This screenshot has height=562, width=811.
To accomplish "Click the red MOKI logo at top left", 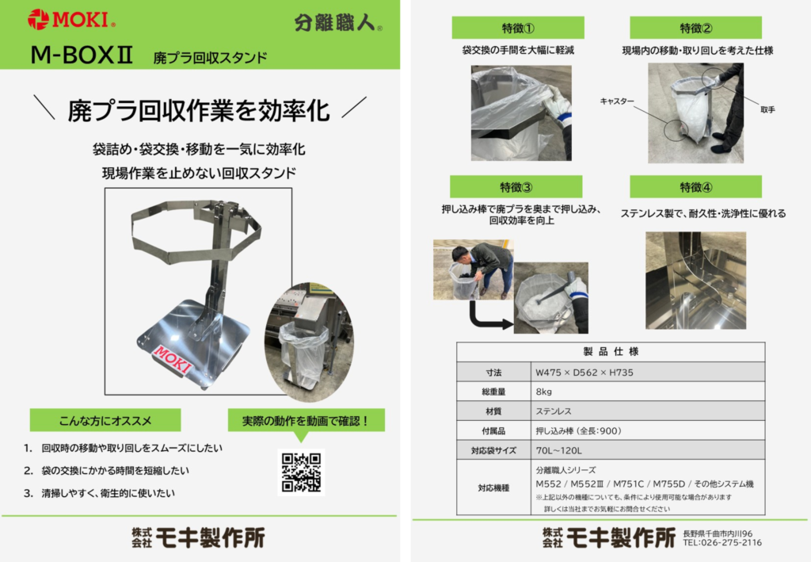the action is [71, 19].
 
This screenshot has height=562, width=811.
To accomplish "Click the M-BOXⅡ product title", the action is [82, 55].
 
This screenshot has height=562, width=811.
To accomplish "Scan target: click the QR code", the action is [301, 472].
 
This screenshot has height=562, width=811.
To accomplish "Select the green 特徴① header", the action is [518, 28].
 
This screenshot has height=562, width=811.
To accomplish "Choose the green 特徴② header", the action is [695, 28].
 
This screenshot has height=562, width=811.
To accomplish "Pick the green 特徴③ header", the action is [516, 186].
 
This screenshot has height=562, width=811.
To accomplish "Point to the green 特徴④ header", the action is [695, 186].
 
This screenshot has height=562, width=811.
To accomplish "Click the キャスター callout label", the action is [616, 101].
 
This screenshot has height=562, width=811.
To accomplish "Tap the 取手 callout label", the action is [767, 109].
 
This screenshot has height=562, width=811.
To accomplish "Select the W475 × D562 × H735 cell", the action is [584, 372].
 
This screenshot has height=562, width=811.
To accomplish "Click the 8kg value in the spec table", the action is [543, 392].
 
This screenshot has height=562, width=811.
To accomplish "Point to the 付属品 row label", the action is [493, 430].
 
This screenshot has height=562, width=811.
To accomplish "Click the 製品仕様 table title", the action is [611, 352].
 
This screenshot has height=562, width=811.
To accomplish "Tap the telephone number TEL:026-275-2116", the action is [722, 542].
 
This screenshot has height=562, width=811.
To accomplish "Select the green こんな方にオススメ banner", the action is [105, 420].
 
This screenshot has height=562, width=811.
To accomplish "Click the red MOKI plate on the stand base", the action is [173, 359].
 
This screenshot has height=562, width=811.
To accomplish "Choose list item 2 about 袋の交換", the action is [107, 470].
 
